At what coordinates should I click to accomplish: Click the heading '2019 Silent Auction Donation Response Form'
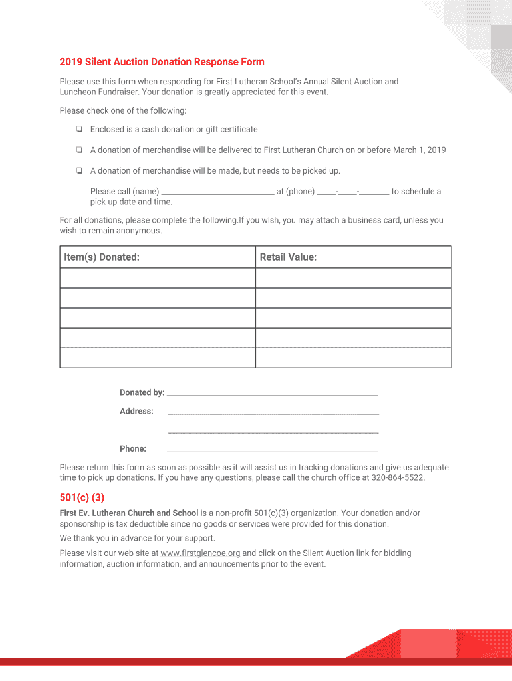click(x=162, y=62)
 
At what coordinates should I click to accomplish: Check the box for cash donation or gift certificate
click(x=79, y=130)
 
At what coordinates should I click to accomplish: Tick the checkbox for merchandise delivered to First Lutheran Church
click(x=79, y=150)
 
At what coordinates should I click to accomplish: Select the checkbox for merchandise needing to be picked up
click(x=79, y=171)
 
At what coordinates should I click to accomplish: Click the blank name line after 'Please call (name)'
click(x=217, y=192)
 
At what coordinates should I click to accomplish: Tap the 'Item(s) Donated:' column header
click(x=102, y=257)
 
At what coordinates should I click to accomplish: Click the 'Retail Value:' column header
click(x=288, y=257)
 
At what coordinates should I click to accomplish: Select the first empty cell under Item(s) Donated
click(x=158, y=278)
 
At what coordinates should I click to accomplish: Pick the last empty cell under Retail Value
click(x=353, y=358)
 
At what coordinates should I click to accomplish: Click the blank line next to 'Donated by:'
click(x=272, y=392)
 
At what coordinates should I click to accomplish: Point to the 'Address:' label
click(x=136, y=411)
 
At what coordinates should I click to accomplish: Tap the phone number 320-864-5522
click(x=397, y=477)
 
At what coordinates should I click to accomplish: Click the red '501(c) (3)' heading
click(x=82, y=497)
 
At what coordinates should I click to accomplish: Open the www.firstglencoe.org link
click(x=200, y=553)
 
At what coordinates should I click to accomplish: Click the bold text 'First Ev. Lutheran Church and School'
click(x=129, y=513)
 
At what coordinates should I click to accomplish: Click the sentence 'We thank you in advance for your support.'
click(x=138, y=539)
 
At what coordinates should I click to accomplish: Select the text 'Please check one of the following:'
click(x=123, y=110)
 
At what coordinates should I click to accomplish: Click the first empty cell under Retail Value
click(x=353, y=278)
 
